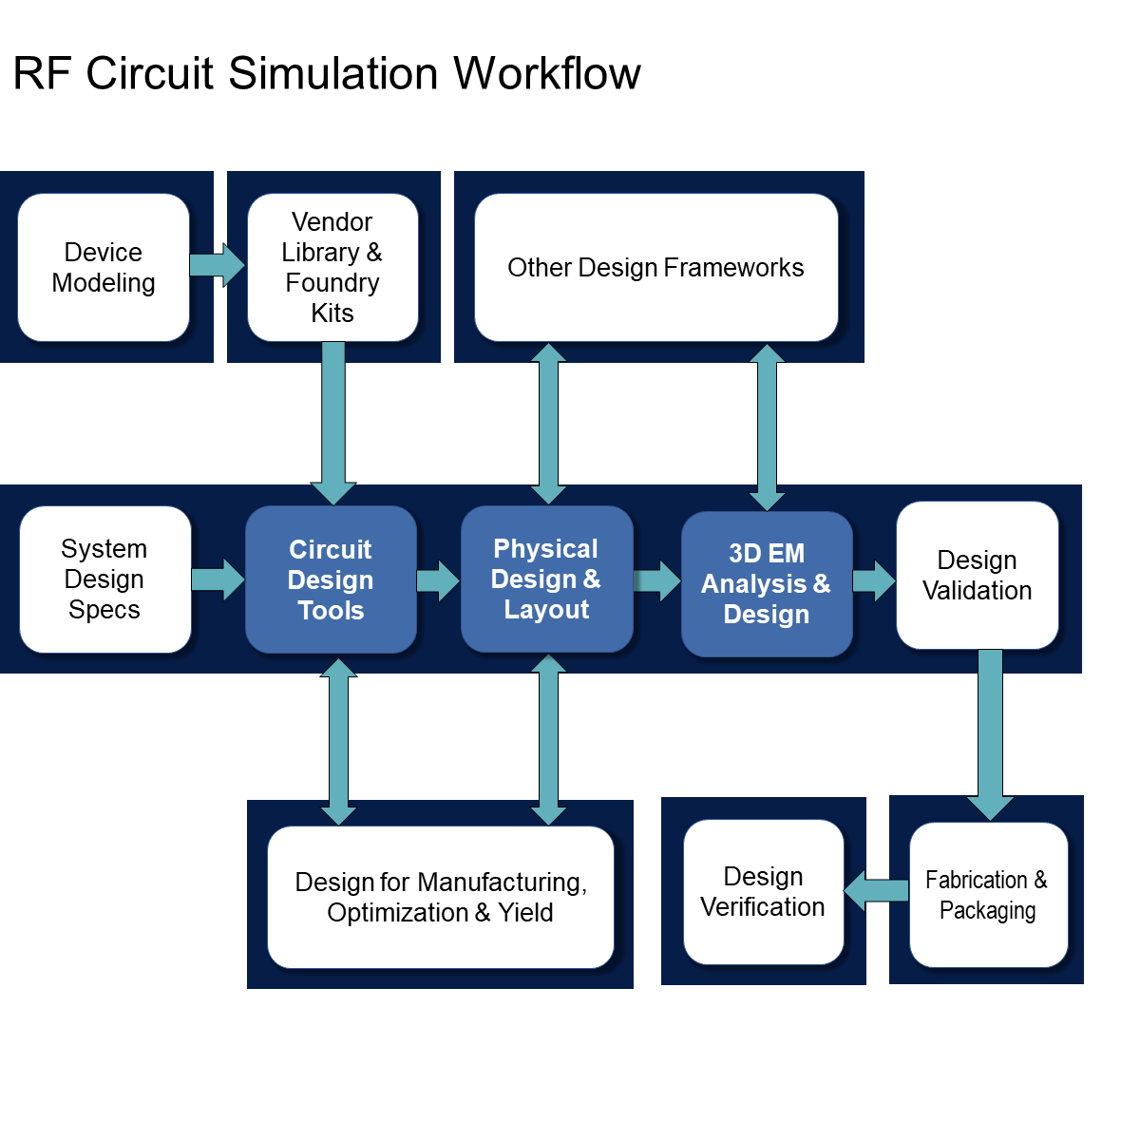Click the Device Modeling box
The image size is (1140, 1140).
click(104, 268)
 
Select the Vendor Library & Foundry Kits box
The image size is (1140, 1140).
click(332, 268)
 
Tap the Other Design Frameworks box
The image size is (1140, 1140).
click(655, 268)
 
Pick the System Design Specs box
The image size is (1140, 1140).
click(104, 579)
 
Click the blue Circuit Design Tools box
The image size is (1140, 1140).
click(331, 579)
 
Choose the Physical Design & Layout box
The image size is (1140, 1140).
click(546, 579)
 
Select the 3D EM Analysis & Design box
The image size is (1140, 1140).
click(767, 583)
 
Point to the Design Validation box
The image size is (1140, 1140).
click(977, 576)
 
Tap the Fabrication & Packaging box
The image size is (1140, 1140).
click(988, 895)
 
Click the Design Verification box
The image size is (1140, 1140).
click(763, 892)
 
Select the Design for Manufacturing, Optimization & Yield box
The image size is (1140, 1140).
click(441, 898)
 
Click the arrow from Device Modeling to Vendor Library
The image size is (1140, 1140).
click(217, 265)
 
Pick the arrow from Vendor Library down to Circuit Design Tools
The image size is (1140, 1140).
click(333, 423)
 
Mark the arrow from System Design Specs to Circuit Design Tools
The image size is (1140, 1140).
click(218, 579)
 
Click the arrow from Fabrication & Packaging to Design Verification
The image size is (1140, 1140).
click(877, 891)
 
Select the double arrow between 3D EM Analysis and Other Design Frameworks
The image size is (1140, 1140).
click(767, 427)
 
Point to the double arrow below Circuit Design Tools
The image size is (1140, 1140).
click(338, 741)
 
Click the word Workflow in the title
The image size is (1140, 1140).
click(547, 74)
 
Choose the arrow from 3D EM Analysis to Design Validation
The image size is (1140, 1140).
click(873, 581)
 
